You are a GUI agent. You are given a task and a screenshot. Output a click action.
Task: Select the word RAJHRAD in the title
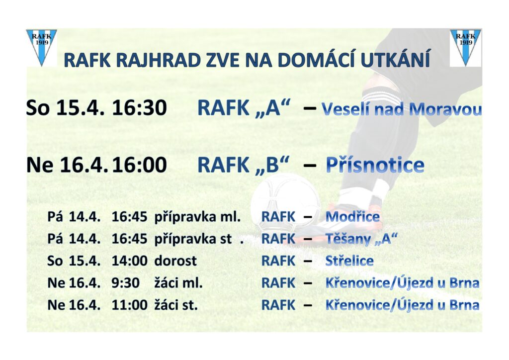(x=159, y=60)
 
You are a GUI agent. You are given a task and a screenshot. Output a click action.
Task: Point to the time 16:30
(x=139, y=108)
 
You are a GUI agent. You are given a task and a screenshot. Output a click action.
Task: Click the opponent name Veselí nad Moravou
(x=402, y=109)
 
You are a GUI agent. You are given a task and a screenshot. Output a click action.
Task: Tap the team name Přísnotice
(x=375, y=165)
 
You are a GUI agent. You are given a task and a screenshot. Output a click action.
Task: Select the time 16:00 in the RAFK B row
(x=139, y=165)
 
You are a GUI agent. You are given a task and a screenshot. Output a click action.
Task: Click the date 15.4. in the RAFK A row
(x=80, y=108)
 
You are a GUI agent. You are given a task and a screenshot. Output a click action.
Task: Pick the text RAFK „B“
(x=243, y=165)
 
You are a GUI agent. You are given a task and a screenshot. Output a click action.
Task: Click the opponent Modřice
(x=352, y=217)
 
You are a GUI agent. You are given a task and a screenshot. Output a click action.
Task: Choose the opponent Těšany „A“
(x=361, y=239)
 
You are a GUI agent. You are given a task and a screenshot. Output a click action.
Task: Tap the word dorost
(x=175, y=261)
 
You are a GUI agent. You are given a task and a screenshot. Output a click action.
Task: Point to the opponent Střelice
(x=349, y=261)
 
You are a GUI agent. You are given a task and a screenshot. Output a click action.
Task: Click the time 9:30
(x=126, y=283)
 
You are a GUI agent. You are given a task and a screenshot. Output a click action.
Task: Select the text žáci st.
(x=176, y=305)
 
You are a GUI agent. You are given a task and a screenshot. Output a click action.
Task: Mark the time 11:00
(x=130, y=305)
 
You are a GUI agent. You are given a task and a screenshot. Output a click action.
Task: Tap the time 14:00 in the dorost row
(x=130, y=261)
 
